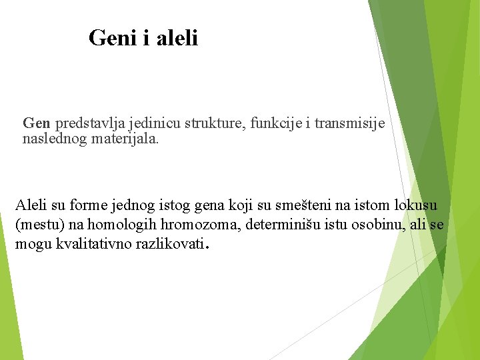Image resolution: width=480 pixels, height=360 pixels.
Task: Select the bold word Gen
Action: pos(37,123)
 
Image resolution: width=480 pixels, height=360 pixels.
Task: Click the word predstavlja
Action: pos(83,123)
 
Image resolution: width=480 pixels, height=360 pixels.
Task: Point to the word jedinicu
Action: pos(142,123)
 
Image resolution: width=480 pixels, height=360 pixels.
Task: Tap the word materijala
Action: pos(122,139)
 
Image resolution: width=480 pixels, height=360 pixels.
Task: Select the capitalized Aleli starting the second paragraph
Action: pos(31,205)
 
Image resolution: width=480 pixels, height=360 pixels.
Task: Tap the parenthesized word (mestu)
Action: pos(38,225)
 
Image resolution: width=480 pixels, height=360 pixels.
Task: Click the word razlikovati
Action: pos(169,244)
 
